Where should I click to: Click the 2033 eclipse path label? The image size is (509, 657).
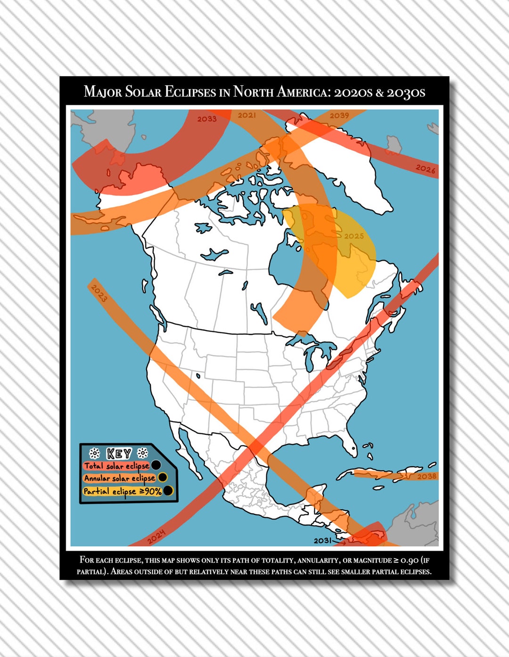pos(207,119)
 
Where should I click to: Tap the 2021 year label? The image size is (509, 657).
pos(247,115)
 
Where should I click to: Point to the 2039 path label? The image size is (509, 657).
pos(339,116)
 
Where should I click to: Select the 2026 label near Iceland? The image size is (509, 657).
pos(425,169)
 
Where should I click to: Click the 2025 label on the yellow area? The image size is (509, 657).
pos(354,236)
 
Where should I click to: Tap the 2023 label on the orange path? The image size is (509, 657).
pos(99,293)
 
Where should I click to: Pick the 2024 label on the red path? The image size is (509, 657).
pos(156,537)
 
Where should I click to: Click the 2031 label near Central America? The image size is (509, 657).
pos(323,540)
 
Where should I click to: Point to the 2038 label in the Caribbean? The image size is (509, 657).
pos(427,476)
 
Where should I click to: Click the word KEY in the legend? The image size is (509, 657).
pos(119,454)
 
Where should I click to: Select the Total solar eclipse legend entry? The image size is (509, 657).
pos(116,466)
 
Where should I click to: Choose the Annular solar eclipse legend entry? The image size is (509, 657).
pos(120,478)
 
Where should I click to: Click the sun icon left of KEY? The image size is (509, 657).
pos(94,454)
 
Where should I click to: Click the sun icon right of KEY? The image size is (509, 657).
pos(142,454)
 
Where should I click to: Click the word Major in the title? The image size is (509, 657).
pos(102,92)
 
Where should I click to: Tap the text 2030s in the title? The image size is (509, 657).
pos(406,92)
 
